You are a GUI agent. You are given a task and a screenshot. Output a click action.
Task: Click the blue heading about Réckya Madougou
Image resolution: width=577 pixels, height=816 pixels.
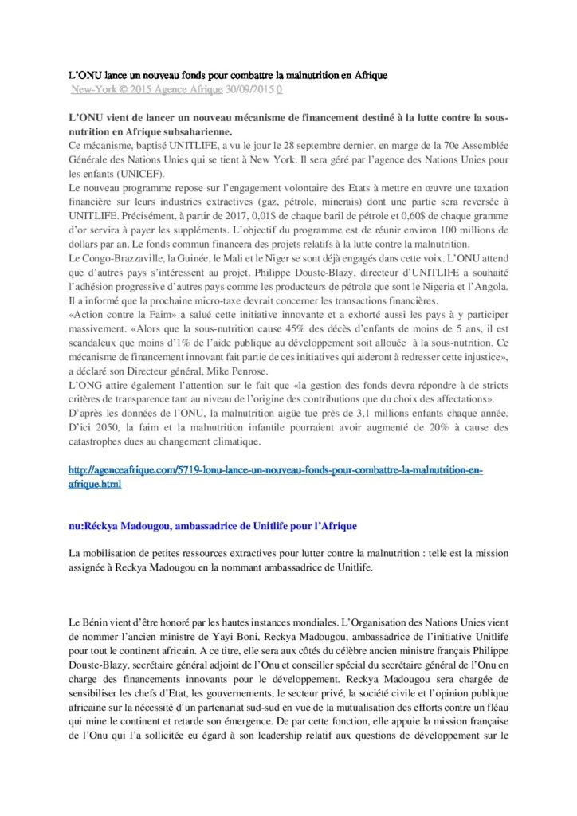[214, 527]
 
